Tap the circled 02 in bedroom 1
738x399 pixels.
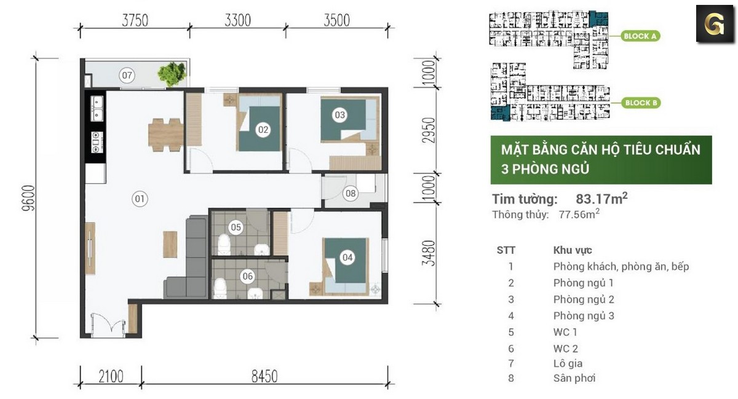click(x=263, y=129)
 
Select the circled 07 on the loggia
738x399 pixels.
click(x=127, y=76)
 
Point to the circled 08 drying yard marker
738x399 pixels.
click(x=351, y=194)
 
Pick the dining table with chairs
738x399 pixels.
click(x=165, y=133)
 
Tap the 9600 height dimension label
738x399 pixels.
click(x=26, y=197)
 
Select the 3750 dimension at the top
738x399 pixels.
click(x=135, y=20)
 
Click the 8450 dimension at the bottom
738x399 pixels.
click(x=264, y=375)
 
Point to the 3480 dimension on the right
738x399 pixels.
click(x=430, y=253)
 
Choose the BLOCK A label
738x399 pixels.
click(x=640, y=36)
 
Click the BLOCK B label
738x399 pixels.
click(x=640, y=103)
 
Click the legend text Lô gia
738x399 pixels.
click(x=567, y=363)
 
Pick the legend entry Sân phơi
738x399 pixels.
click(x=574, y=378)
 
